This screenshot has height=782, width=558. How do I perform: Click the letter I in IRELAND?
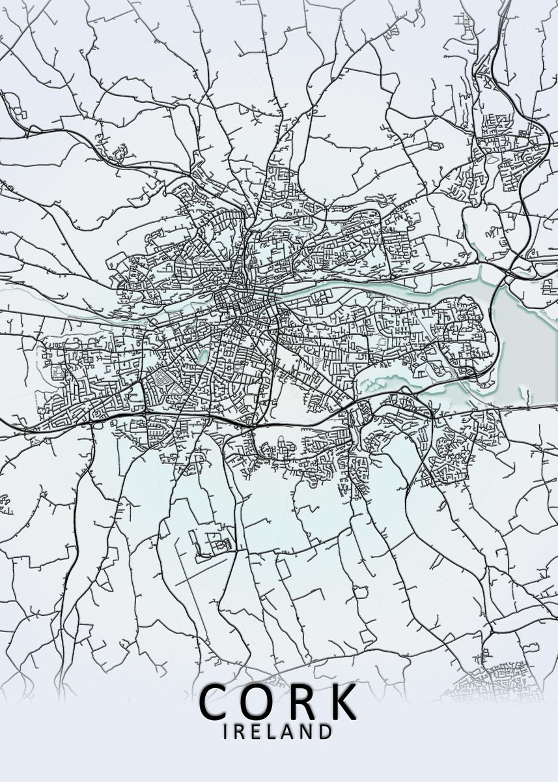click(225, 732)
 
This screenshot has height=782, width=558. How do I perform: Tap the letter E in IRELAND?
click(254, 732)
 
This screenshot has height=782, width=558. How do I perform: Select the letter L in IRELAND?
click(270, 732)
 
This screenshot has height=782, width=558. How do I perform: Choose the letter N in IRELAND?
click(305, 732)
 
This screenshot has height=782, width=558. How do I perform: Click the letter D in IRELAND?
click(324, 732)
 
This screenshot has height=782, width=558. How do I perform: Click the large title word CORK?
click(279, 702)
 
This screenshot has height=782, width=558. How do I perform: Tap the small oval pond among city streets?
click(203, 355)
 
